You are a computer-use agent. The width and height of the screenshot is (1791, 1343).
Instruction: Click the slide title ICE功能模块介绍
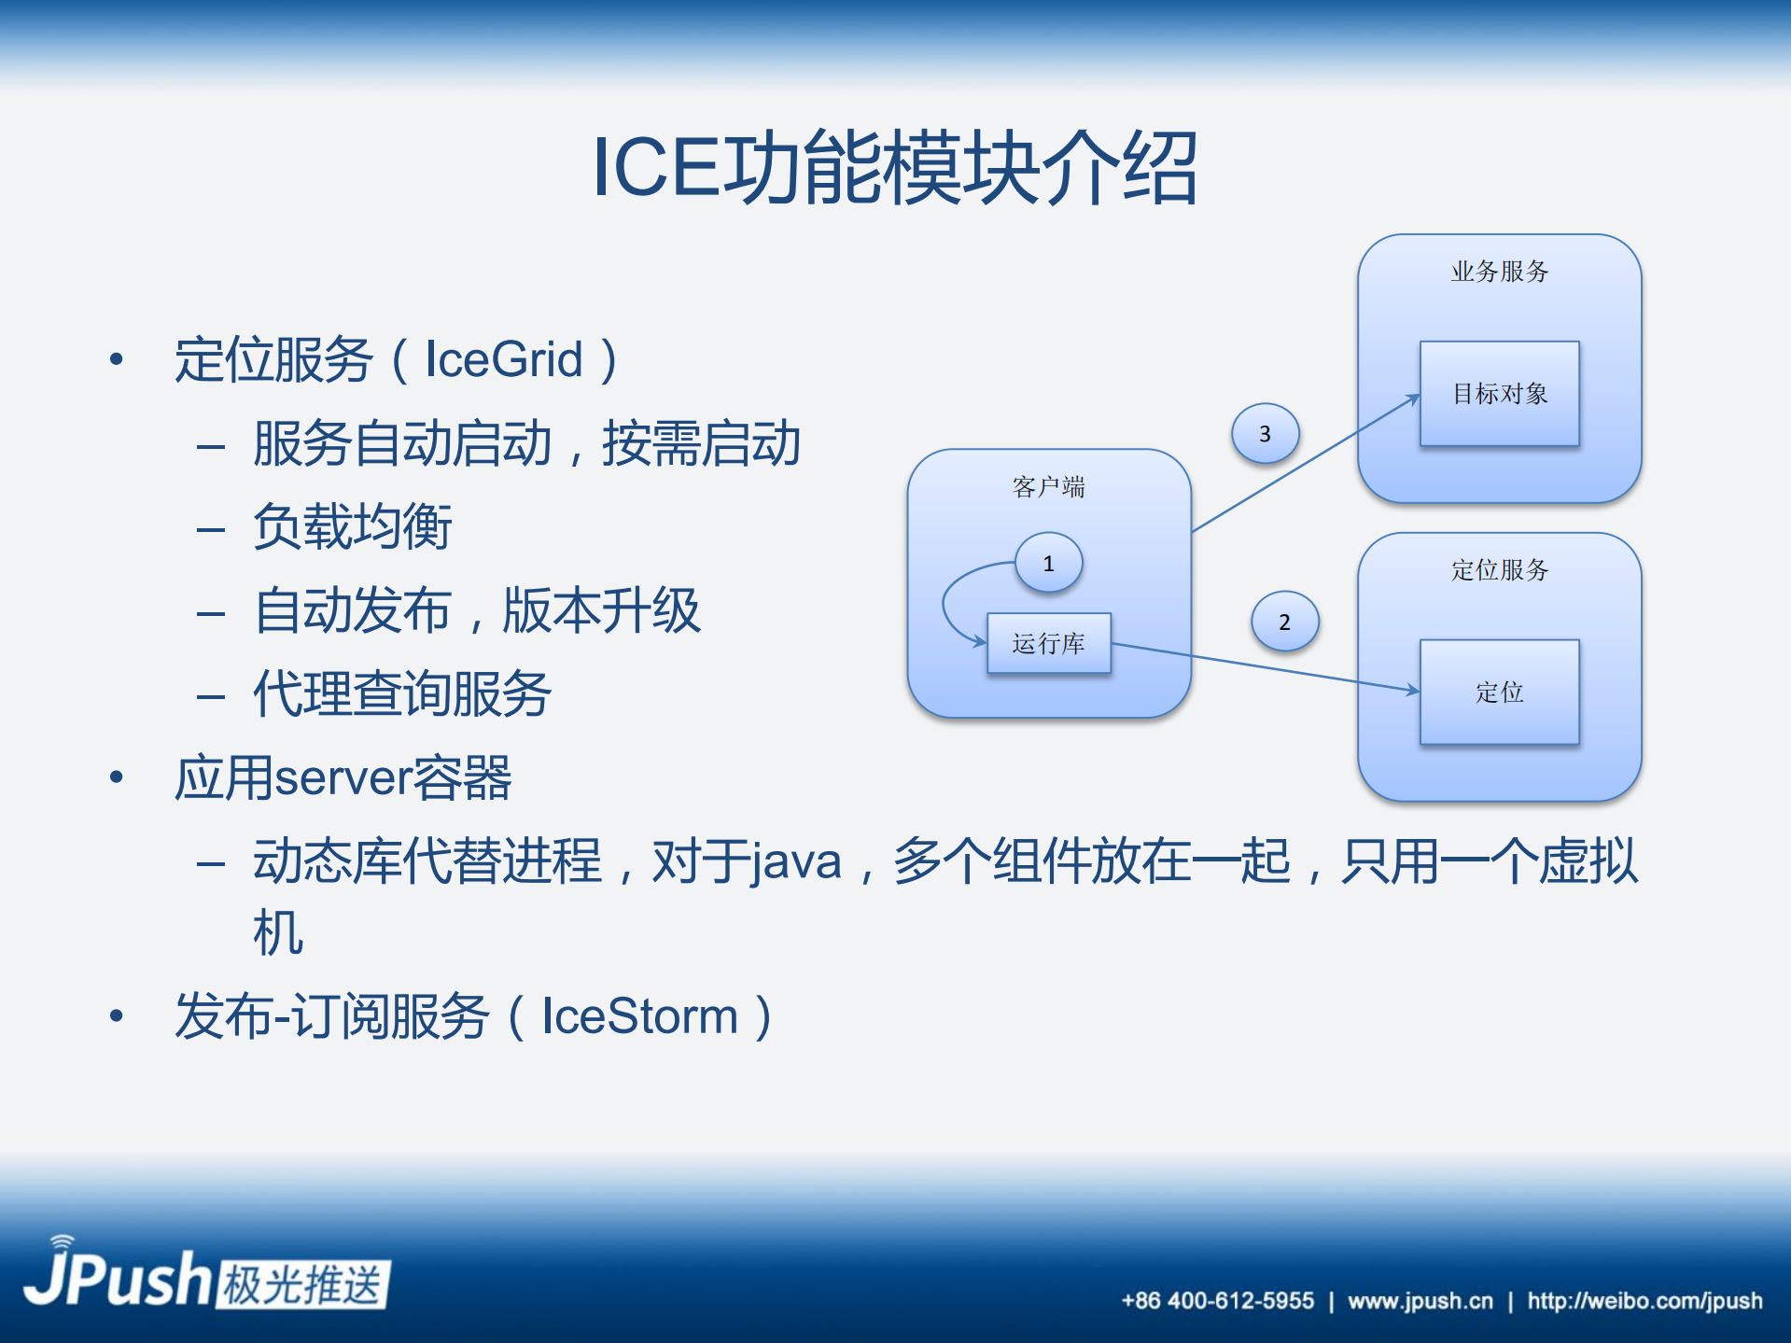[x=894, y=168]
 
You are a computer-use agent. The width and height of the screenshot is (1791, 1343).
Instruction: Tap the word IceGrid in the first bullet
[x=503, y=360]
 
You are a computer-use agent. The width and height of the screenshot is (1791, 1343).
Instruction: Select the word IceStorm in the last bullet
[x=639, y=1016]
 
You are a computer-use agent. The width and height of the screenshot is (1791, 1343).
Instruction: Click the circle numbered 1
[x=1048, y=564]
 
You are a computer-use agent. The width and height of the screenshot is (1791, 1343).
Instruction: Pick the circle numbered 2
[x=1284, y=622]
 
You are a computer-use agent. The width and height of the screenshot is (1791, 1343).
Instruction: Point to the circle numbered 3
[x=1265, y=434]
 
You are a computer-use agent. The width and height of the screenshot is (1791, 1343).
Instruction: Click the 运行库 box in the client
[x=1048, y=643]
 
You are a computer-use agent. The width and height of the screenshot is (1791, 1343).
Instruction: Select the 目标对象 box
[x=1499, y=394]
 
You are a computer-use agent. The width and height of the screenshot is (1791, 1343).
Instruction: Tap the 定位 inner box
[x=1499, y=692]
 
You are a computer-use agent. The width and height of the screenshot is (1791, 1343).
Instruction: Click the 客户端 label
[x=1048, y=487]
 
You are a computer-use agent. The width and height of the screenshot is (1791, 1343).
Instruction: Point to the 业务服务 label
[x=1499, y=272]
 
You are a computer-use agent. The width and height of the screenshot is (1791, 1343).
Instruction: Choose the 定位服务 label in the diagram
[x=1499, y=570]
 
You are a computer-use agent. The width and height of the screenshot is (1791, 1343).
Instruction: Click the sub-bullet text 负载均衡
[x=353, y=527]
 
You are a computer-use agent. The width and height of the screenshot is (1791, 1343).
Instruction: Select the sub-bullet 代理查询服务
[x=402, y=694]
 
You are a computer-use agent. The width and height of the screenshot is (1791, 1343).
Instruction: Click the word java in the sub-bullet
[x=796, y=861]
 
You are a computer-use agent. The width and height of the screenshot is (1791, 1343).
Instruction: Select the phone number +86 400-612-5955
[x=1217, y=1301]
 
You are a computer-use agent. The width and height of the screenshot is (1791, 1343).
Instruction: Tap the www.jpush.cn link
[x=1420, y=1301]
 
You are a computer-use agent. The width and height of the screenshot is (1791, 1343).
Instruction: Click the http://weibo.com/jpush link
[x=1644, y=1301]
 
